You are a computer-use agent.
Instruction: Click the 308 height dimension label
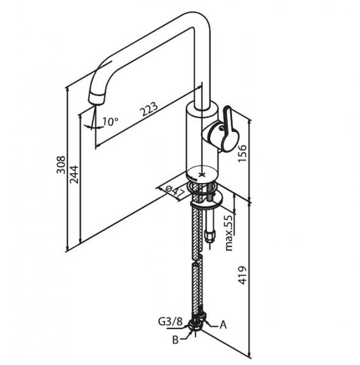[61, 165]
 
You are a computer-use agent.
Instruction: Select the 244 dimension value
[74, 175]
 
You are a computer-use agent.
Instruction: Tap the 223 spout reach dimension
[150, 109]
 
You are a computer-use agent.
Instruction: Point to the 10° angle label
[110, 121]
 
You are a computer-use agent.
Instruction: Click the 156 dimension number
[242, 153]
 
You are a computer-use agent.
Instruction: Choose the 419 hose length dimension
[242, 275]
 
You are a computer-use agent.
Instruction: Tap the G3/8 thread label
[170, 322]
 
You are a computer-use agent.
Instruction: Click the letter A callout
[223, 325]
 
